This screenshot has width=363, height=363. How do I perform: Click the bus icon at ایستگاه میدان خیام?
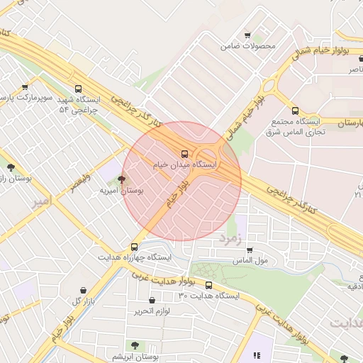(x=185, y=152)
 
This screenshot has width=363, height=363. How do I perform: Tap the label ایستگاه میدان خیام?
(x=185, y=164)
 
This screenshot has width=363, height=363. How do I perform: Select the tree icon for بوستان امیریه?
(x=121, y=180)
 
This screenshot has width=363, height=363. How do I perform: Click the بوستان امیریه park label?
(x=121, y=191)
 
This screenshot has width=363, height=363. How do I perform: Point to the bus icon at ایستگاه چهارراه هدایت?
(x=134, y=247)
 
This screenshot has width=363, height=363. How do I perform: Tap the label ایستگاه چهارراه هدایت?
(x=135, y=257)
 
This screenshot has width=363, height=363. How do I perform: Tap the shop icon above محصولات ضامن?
(x=247, y=35)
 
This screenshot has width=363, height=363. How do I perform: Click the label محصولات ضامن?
(x=247, y=46)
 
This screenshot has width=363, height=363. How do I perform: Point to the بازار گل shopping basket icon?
(x=84, y=290)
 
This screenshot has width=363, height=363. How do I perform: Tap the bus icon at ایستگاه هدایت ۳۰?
(x=208, y=284)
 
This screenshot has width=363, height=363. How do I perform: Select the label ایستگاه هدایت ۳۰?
(x=208, y=295)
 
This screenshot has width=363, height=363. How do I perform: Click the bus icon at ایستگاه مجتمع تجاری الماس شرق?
(x=296, y=111)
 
